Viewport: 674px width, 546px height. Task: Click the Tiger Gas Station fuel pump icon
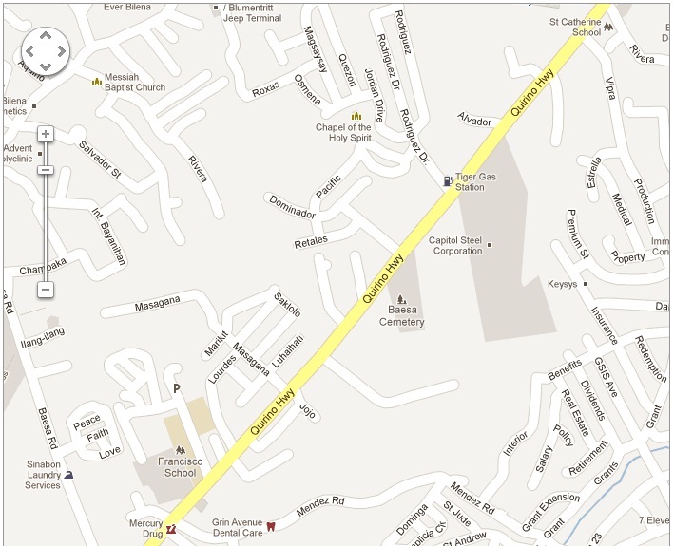(447, 180)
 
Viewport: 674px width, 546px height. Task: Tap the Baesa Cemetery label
(401, 316)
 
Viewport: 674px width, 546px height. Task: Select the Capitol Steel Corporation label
(456, 245)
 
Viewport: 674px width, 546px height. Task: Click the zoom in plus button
(45, 135)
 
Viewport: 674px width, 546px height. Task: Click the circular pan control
(45, 50)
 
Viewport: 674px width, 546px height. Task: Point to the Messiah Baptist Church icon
(96, 82)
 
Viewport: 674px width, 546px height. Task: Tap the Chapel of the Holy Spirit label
(343, 132)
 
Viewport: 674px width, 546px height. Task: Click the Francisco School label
(180, 467)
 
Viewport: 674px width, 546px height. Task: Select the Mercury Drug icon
(171, 528)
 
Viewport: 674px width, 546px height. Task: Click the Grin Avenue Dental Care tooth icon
(270, 526)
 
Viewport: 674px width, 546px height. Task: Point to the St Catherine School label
(573, 27)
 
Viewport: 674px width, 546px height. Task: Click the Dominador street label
(292, 207)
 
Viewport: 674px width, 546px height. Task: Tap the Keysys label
(562, 284)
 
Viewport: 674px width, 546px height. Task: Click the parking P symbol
(176, 388)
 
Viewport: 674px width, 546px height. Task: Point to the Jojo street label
(306, 411)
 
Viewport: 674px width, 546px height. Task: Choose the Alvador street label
(474, 121)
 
